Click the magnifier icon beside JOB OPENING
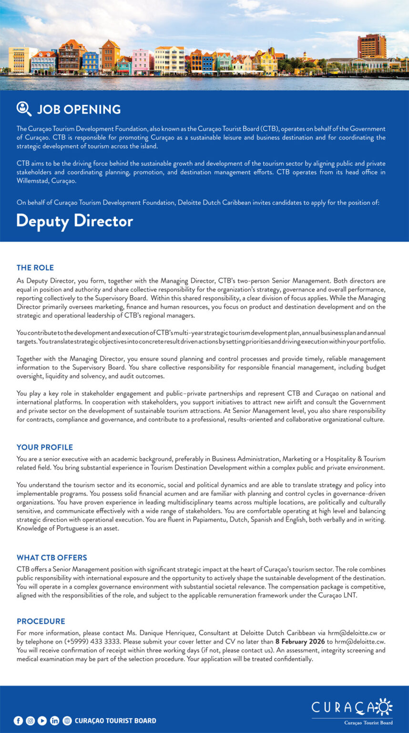click(24, 109)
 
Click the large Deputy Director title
click(74, 221)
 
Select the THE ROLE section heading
click(35, 268)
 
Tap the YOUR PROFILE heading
click(45, 447)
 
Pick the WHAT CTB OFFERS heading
click(52, 557)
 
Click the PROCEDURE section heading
click(41, 621)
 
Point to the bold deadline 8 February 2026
click(300, 642)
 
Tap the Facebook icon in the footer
click(18, 721)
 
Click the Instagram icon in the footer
click(30, 721)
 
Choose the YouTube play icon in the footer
click(42, 721)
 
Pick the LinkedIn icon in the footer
click(55, 721)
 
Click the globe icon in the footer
click(67, 721)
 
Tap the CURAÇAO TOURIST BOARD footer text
click(115, 721)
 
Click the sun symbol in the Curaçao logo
click(383, 706)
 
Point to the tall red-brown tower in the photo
click(372, 46)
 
